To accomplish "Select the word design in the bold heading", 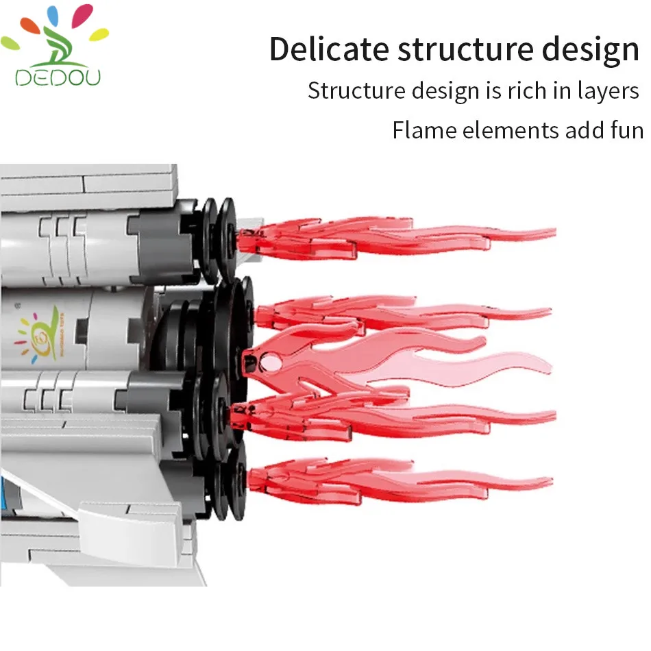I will [591, 51].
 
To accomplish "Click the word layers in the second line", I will [606, 90].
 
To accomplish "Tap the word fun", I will [623, 130].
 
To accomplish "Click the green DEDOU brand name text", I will [58, 77].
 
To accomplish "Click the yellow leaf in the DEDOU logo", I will [99, 33].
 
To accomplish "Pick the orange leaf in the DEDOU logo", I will [29, 25].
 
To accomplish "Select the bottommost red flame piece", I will [397, 478].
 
